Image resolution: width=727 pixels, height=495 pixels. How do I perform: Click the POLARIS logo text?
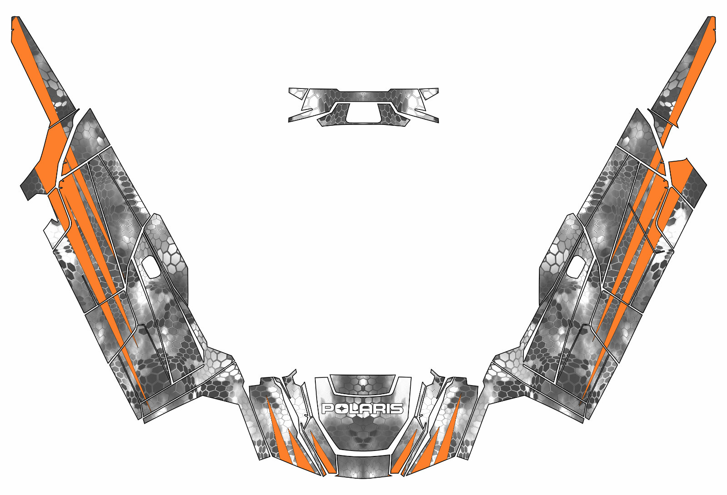click(x=363, y=409)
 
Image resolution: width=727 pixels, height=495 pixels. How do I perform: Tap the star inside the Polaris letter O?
click(x=340, y=409)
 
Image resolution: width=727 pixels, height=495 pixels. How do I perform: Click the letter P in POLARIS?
click(x=327, y=409)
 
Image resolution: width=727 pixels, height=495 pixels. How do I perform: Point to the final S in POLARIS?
click(x=398, y=409)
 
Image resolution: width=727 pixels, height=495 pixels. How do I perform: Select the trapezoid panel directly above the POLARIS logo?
click(x=363, y=384)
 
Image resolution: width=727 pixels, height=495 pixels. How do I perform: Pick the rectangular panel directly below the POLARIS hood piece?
click(x=363, y=466)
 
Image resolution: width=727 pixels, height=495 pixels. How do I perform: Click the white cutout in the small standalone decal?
click(x=363, y=113)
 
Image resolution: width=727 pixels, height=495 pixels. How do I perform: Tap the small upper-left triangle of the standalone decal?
click(x=297, y=93)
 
